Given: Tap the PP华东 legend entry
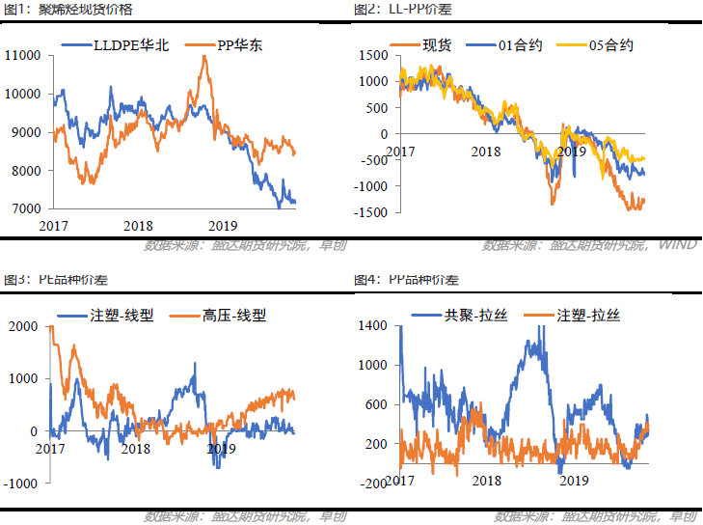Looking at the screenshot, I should (241, 45).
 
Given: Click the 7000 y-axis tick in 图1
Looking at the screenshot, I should (26, 208).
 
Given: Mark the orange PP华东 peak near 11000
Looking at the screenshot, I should (203, 57).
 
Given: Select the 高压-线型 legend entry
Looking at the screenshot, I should (233, 315).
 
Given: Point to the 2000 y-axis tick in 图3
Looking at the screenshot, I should (21, 326).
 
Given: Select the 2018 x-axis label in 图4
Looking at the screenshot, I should (487, 481).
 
